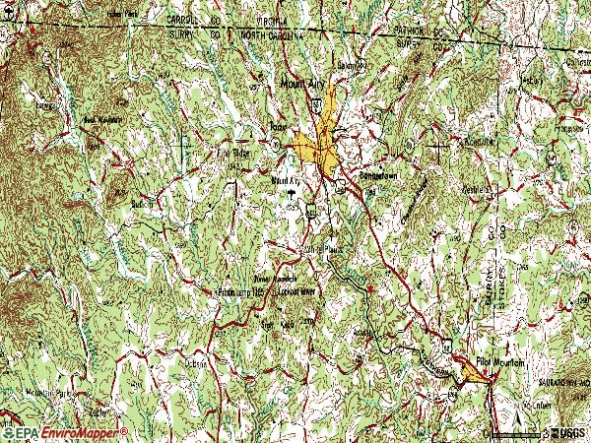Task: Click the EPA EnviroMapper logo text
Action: click(65, 432)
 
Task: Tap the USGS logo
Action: click(568, 431)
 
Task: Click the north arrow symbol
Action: click(490, 429)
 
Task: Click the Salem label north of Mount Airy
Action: click(348, 64)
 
